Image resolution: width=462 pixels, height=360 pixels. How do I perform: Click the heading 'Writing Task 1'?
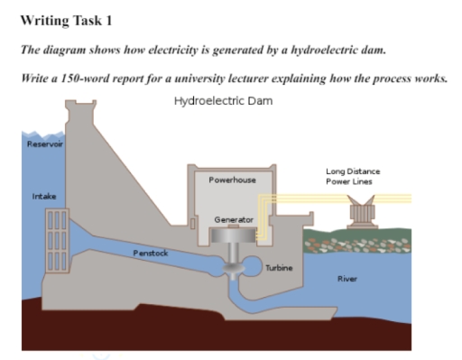tap(60, 20)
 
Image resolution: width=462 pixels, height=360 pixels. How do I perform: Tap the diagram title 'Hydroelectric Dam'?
tap(222, 102)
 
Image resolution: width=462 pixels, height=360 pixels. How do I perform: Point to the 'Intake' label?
tap(42, 196)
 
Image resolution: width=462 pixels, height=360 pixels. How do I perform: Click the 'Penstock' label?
tap(151, 254)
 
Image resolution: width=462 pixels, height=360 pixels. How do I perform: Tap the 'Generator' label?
tap(233, 219)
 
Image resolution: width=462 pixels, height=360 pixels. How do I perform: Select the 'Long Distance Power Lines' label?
tap(353, 176)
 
